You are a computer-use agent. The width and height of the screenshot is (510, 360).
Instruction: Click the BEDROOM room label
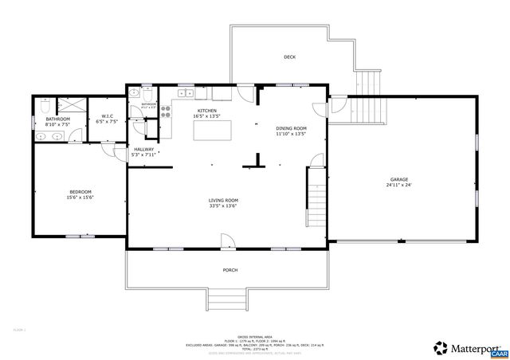click(x=80, y=192)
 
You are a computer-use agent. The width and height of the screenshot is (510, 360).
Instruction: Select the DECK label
click(x=290, y=57)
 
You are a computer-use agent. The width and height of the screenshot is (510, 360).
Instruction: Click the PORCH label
click(x=229, y=270)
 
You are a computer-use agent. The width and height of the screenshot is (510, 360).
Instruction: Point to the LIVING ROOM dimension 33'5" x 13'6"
click(x=223, y=206)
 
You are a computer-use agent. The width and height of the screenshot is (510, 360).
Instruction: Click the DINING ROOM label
click(x=291, y=128)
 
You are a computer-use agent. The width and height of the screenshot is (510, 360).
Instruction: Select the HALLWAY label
click(x=143, y=149)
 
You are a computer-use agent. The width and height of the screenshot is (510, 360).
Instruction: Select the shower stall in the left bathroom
click(x=71, y=105)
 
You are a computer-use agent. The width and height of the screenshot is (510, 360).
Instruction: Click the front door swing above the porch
click(x=228, y=240)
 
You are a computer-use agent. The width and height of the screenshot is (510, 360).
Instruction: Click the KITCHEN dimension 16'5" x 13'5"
click(x=207, y=116)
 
